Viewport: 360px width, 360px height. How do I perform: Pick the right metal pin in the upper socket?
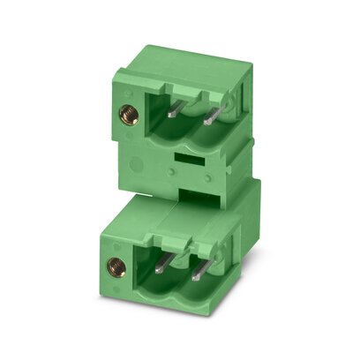point(210,115)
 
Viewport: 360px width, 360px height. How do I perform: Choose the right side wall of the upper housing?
point(249,124)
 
